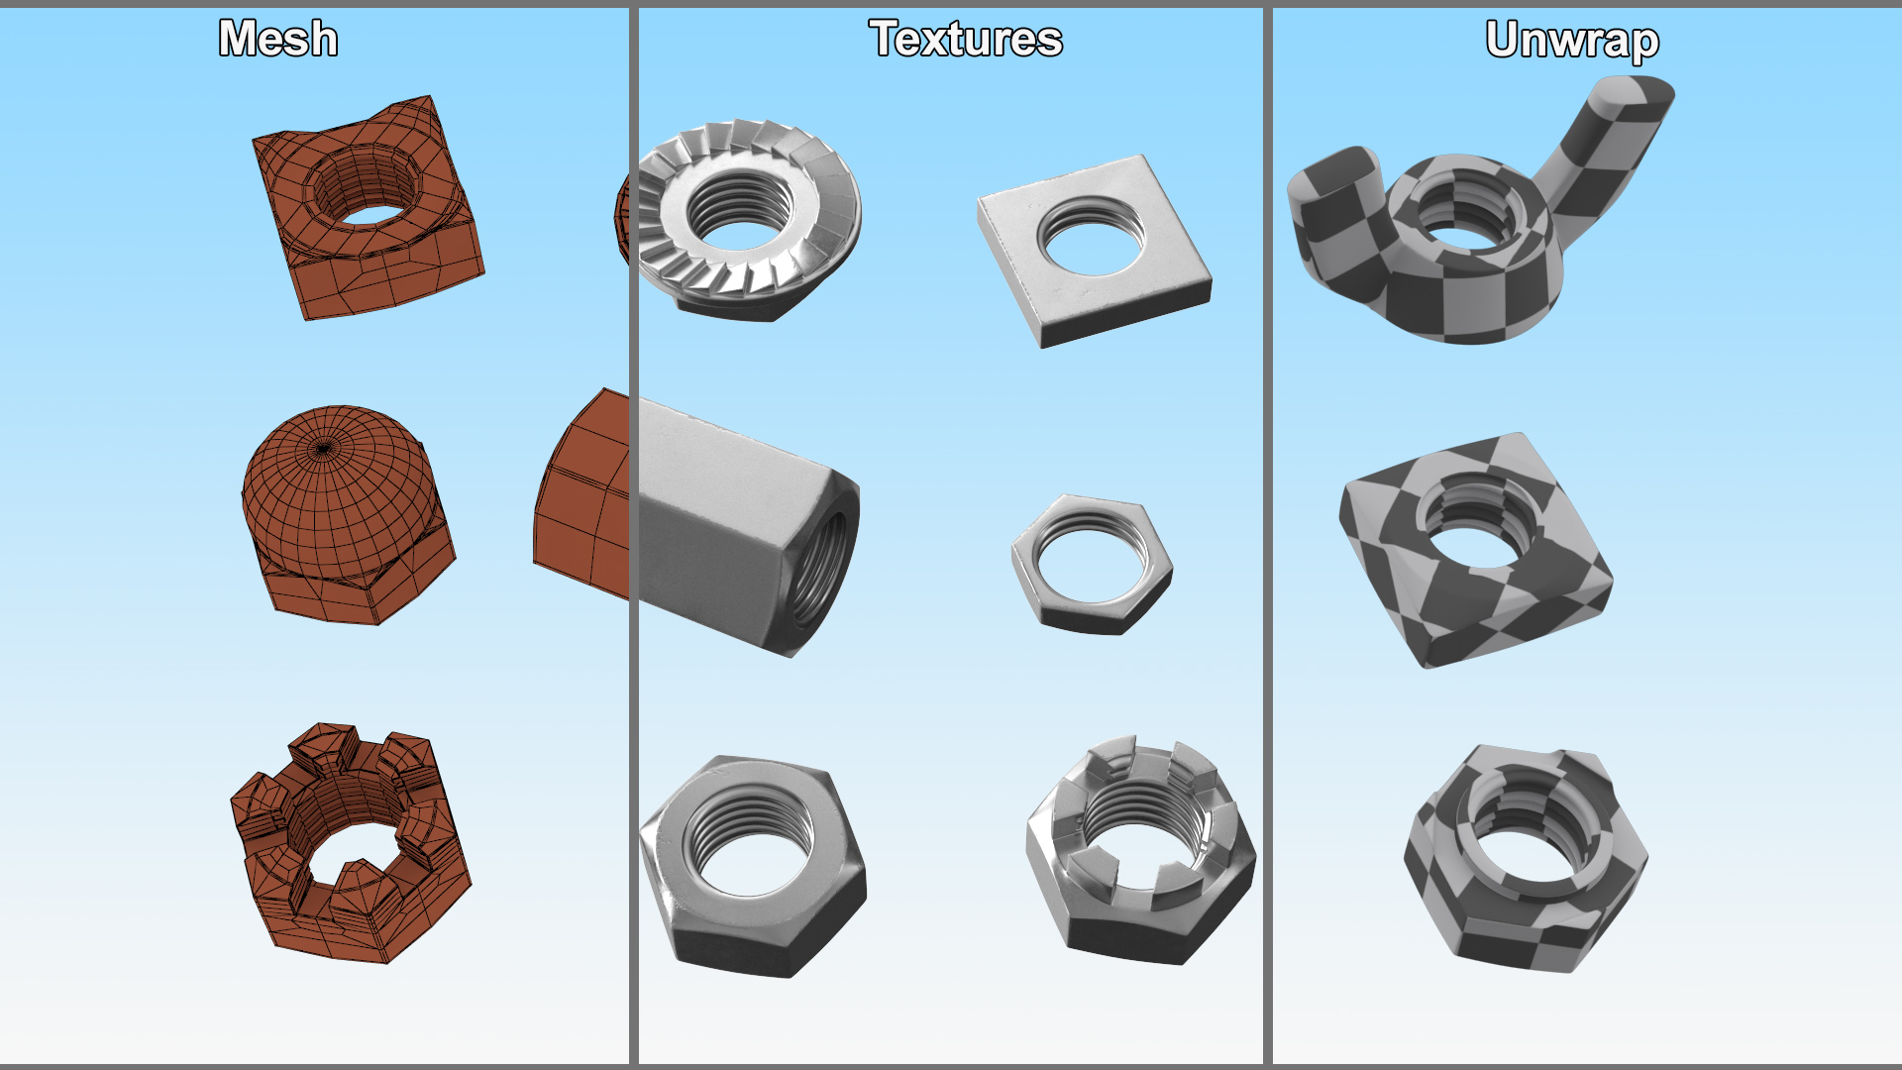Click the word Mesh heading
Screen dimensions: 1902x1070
[x=278, y=39]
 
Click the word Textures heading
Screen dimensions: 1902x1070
[x=966, y=39]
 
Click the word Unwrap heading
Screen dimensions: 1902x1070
[x=1572, y=41]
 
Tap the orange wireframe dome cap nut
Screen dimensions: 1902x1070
[x=347, y=514]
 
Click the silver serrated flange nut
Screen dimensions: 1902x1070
[x=749, y=220]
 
